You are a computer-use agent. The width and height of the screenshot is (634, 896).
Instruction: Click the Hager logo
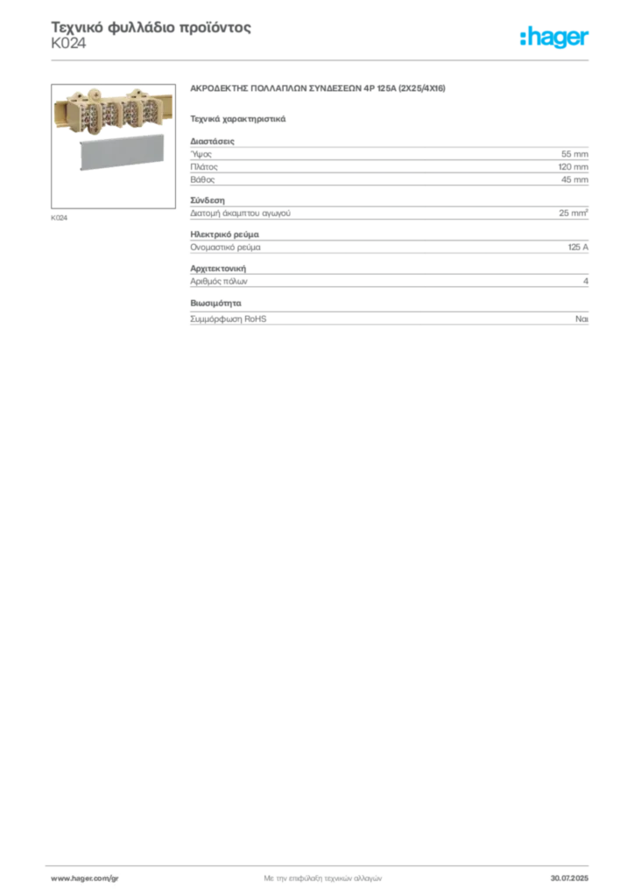click(554, 37)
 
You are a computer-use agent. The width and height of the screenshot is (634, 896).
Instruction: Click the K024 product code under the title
click(68, 44)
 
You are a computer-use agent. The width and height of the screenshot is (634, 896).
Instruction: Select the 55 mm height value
click(574, 154)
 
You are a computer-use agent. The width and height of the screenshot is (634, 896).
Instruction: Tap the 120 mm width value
click(574, 167)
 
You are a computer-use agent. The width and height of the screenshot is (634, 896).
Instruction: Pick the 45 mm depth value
click(574, 179)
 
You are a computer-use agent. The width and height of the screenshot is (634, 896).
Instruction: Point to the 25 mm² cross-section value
click(574, 213)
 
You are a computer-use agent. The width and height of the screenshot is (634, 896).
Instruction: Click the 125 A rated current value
click(578, 247)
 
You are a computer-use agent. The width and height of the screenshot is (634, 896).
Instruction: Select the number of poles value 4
click(586, 281)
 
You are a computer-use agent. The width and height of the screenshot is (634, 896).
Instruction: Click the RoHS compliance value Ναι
click(581, 318)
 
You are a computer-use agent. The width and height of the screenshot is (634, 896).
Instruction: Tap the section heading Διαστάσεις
click(212, 141)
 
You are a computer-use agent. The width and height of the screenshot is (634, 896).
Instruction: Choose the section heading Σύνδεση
click(208, 200)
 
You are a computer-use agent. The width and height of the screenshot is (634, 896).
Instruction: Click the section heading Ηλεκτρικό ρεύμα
click(225, 234)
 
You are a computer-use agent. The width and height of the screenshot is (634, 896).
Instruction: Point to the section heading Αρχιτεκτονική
click(218, 268)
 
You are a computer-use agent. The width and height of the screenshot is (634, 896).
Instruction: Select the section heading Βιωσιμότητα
click(215, 303)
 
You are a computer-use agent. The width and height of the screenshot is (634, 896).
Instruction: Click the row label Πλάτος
click(204, 167)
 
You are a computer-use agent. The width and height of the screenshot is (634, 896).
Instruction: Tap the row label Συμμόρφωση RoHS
click(228, 318)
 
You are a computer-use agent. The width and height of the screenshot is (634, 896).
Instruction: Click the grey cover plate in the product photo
click(121, 152)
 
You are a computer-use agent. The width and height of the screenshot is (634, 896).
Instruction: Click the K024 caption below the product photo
click(59, 218)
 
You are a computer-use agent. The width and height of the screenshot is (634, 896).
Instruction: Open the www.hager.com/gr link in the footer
click(85, 878)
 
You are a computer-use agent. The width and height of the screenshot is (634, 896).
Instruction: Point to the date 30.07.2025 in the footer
click(569, 878)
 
